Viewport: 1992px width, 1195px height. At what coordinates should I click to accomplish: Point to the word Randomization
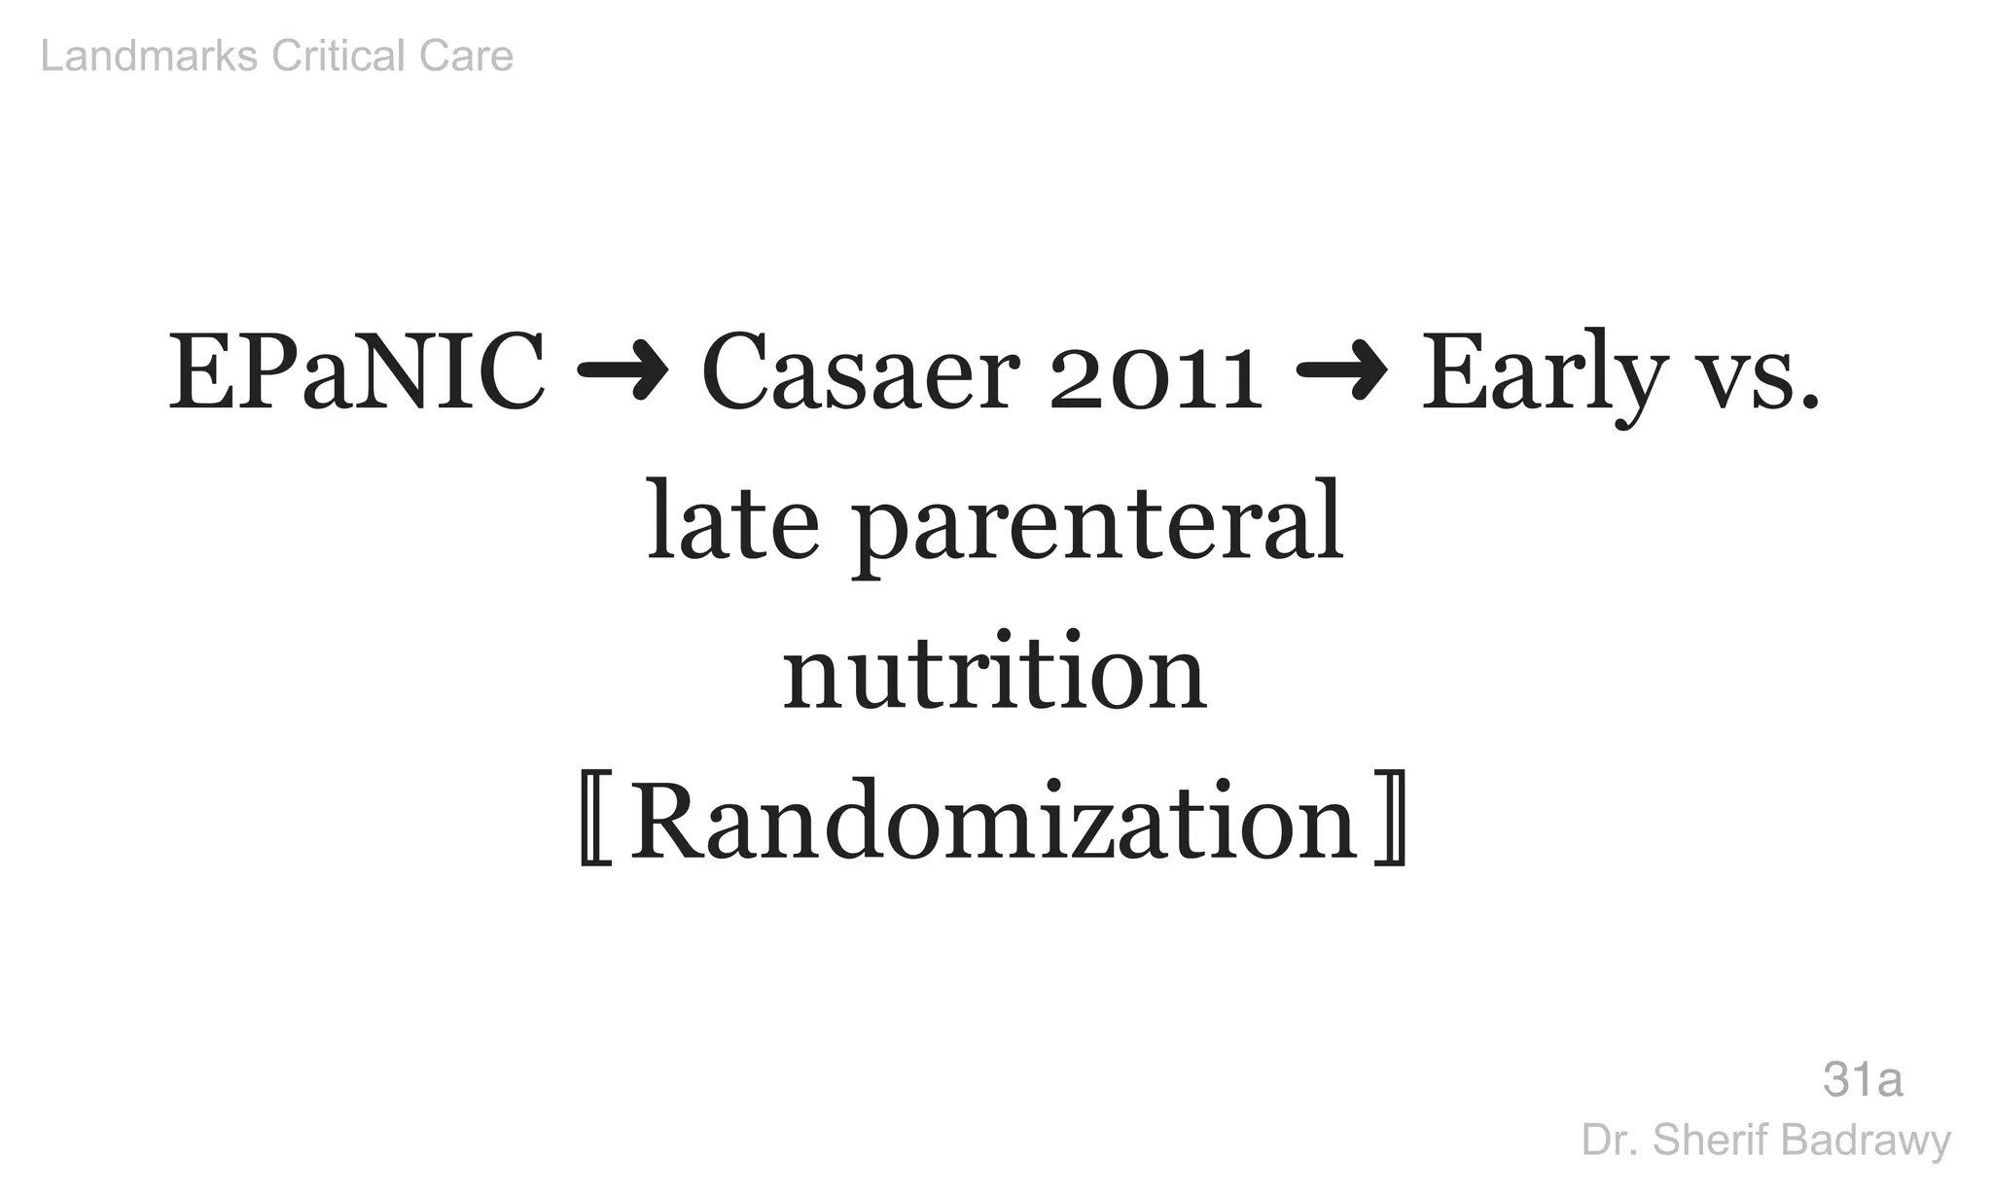point(994,822)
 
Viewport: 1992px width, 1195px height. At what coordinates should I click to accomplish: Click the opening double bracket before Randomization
point(594,822)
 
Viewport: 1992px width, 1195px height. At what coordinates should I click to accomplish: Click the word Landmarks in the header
point(149,56)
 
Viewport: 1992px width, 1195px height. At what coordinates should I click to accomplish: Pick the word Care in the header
point(466,56)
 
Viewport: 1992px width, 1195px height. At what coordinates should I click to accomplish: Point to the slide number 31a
point(1863,1080)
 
